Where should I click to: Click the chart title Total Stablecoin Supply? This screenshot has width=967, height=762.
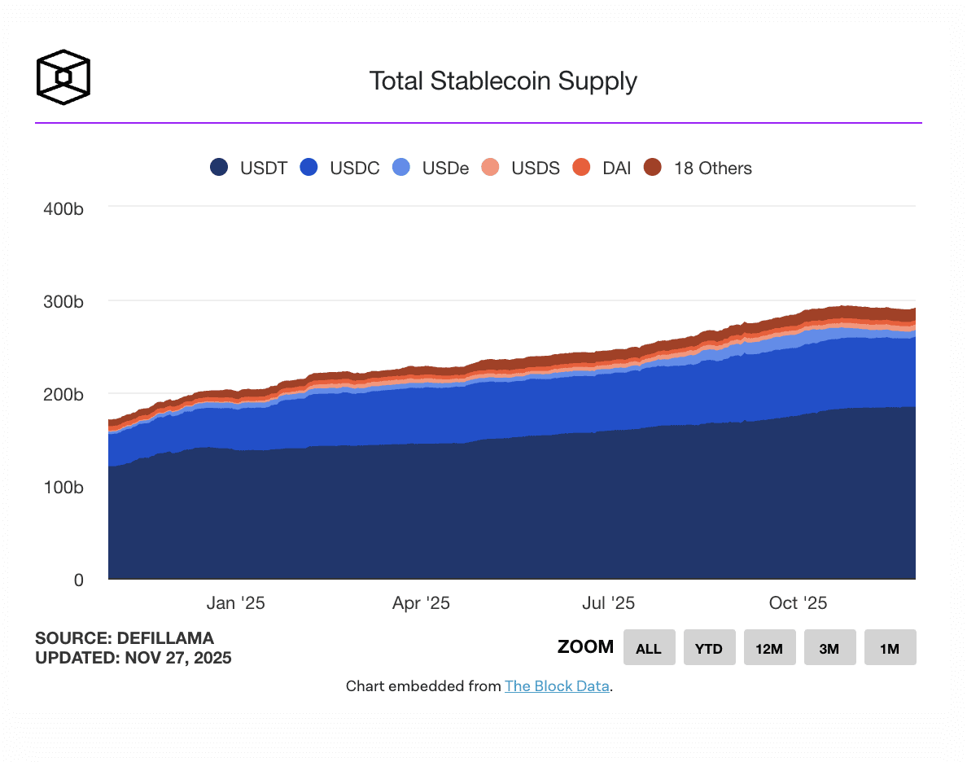tap(502, 81)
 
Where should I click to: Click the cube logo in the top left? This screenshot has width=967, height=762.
tap(63, 77)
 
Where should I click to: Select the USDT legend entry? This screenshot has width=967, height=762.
tap(249, 168)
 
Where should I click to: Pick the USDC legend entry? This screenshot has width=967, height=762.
tap(340, 168)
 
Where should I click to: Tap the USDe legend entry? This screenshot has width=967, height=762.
tap(431, 168)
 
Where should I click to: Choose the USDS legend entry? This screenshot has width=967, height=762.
tap(521, 168)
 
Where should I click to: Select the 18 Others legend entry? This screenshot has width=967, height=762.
tap(698, 168)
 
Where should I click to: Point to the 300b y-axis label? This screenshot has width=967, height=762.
tap(63, 301)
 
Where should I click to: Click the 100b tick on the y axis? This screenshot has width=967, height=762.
tap(63, 487)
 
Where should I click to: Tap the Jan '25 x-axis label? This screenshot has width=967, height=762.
tap(235, 603)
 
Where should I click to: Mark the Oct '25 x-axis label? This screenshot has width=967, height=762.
tap(798, 603)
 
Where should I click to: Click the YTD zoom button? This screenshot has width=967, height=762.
tap(709, 648)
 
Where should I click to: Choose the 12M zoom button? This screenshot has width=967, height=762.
tap(769, 648)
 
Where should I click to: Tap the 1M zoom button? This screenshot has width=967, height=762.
tap(890, 648)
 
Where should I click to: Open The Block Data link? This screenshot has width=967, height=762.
tap(557, 686)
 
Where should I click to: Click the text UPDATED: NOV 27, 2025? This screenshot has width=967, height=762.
tap(133, 658)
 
